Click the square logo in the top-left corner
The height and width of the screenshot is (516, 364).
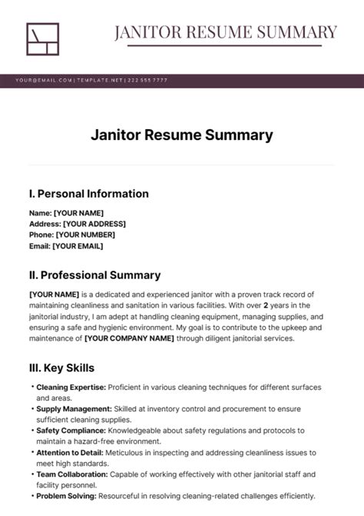(x=42, y=39)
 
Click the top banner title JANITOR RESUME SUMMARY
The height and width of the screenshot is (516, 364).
(x=226, y=32)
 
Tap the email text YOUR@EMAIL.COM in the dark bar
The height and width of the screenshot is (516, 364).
(x=44, y=80)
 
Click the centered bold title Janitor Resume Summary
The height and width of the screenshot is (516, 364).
(x=182, y=135)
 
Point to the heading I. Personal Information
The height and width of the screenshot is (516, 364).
(x=88, y=194)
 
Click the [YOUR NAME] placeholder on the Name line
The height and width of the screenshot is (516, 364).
(x=78, y=213)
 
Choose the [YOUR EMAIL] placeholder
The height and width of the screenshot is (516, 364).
(x=77, y=246)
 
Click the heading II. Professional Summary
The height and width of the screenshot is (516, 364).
(x=94, y=275)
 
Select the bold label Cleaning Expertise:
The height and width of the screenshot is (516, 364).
(x=71, y=387)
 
